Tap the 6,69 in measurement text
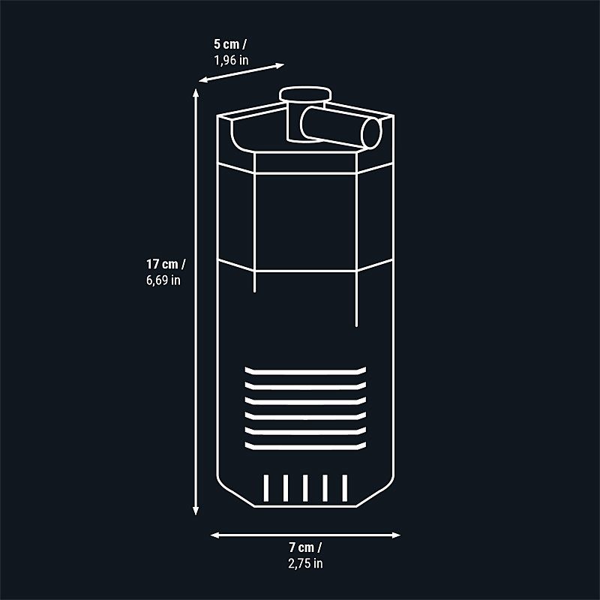click(x=163, y=280)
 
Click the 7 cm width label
click(x=304, y=547)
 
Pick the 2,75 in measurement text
click(x=304, y=562)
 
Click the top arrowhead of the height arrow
click(x=196, y=93)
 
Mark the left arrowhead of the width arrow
click(x=214, y=535)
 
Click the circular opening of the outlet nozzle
click(x=370, y=133)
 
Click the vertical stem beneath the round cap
click(x=293, y=122)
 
